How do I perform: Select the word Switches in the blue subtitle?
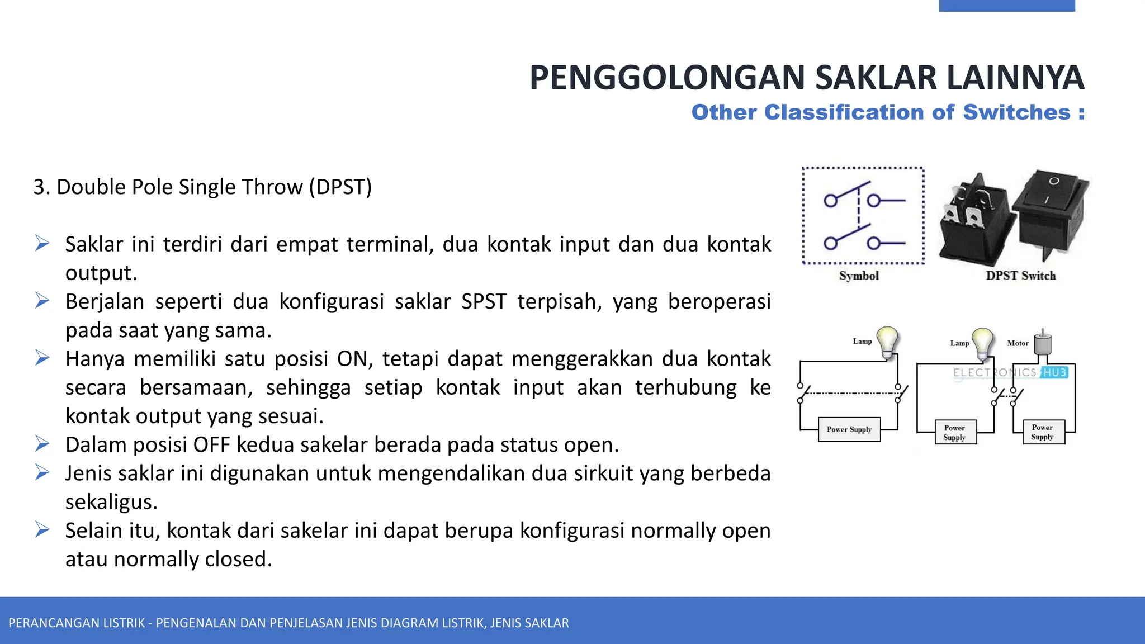1016,112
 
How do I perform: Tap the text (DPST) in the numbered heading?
340,187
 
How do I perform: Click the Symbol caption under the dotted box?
859,276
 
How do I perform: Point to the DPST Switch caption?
1020,276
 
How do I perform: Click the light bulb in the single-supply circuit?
887,340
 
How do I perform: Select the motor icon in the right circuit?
1042,342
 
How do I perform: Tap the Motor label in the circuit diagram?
1018,343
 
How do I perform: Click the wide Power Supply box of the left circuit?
849,429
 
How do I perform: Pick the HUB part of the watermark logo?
1055,372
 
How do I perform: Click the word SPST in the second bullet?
484,302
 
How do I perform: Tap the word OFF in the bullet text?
211,445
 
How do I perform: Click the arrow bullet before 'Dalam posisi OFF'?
42,444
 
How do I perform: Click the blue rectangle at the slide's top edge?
1006,6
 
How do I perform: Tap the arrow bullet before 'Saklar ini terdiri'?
42,244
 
